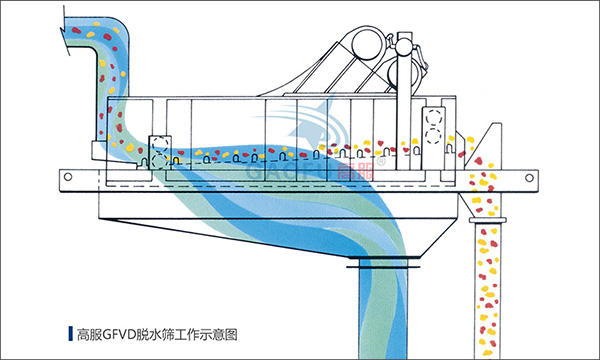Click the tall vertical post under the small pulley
click(402, 100)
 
